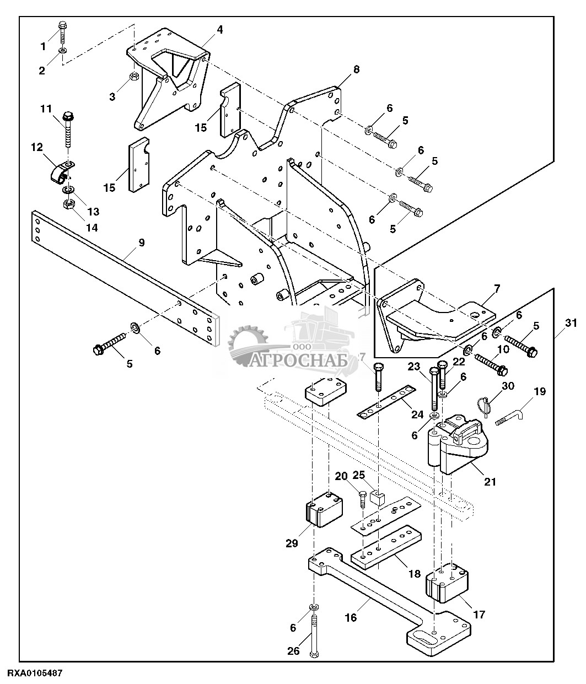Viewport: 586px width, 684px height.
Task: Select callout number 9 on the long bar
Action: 142,243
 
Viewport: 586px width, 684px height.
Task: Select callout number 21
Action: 490,481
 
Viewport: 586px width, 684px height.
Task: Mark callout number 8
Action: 356,70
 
